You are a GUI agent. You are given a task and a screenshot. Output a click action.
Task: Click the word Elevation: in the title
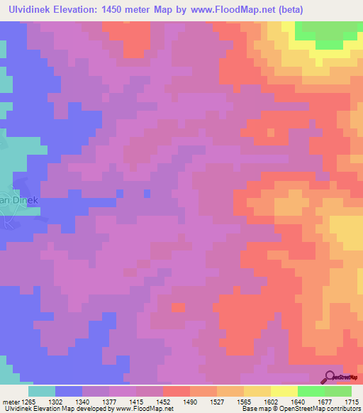point(89,10)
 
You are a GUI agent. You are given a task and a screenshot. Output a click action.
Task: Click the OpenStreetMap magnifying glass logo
point(332,376)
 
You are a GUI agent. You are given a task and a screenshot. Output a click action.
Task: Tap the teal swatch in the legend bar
point(41,391)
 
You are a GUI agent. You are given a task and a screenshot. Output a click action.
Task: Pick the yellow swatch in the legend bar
point(284,391)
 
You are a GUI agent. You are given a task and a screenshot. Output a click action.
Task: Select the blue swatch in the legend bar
point(68,391)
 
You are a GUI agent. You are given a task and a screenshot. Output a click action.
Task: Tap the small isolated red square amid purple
point(178,307)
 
